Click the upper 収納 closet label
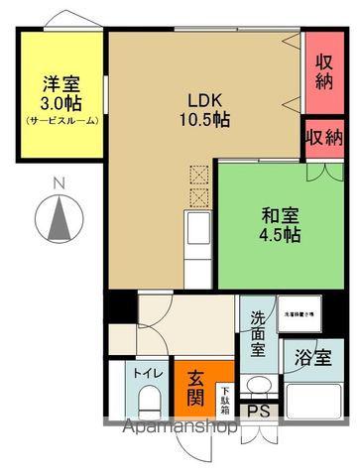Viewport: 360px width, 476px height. (324, 72)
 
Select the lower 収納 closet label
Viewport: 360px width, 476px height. (324, 136)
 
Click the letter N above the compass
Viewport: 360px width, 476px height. (59, 182)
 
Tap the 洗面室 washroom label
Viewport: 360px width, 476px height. (257, 333)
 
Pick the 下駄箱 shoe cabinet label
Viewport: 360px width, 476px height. (225, 399)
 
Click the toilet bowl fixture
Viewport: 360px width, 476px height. (150, 402)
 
